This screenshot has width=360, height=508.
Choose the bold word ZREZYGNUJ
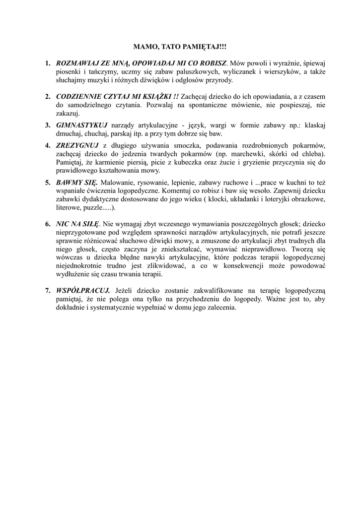pos(78,145)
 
